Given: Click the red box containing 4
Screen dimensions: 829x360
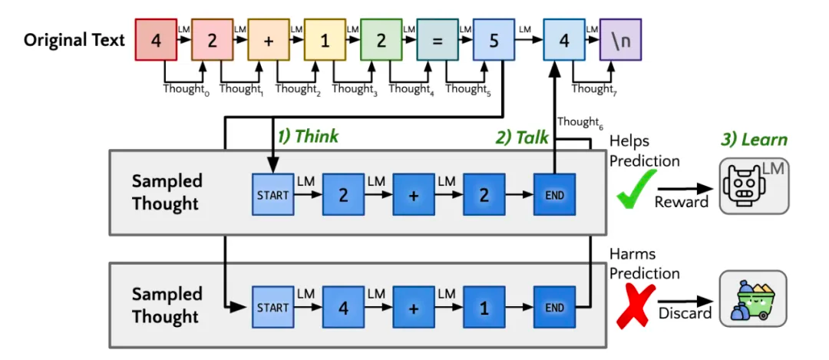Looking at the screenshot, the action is coord(155,40).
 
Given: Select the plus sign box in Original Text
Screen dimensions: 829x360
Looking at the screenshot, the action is coord(268,40).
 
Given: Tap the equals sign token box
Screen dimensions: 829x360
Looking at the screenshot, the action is coord(437,40).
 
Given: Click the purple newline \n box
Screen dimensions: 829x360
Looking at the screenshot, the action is coord(620,40).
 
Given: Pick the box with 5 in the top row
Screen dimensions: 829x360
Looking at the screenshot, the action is coord(494,40).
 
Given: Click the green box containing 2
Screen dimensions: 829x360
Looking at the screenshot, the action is coord(381,40).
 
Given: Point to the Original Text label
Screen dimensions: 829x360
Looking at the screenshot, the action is coord(74,40).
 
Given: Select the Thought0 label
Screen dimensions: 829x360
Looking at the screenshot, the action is coord(186,89).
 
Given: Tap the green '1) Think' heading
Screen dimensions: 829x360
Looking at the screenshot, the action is coord(308,137).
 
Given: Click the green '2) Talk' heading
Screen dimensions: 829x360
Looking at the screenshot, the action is coord(520,137).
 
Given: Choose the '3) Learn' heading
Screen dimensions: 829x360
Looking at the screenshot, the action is coord(754,140).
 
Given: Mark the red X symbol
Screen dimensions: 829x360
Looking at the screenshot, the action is coord(636,306).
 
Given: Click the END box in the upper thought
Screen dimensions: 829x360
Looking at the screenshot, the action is coord(554,194).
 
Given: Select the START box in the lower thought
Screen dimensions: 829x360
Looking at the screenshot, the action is coord(272,307).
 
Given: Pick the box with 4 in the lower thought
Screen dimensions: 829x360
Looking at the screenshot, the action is coord(343,307).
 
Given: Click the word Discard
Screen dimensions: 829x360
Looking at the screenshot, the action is coord(685,313).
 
